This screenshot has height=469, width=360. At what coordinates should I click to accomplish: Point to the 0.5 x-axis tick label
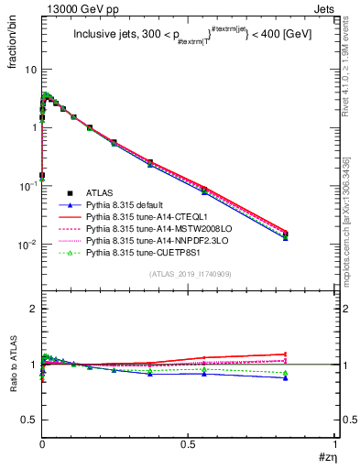188,442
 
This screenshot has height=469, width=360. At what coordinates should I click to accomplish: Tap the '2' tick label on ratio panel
33,309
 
